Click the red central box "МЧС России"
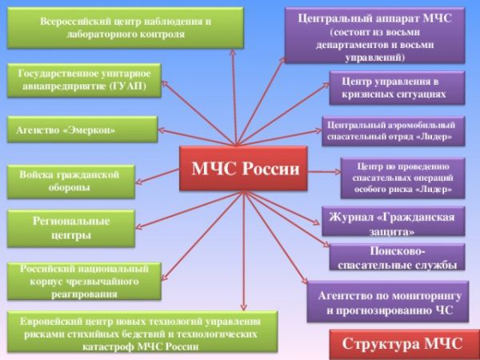[x=243, y=169]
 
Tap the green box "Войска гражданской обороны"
[x=70, y=182]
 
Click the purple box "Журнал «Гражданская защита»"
[x=393, y=225]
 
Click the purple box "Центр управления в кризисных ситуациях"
[x=397, y=88]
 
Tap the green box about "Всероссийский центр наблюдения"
[x=124, y=28]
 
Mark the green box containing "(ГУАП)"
[x=85, y=80]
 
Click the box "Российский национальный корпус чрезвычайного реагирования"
[x=84, y=282]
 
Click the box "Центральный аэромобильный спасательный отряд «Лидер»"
[x=393, y=131]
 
